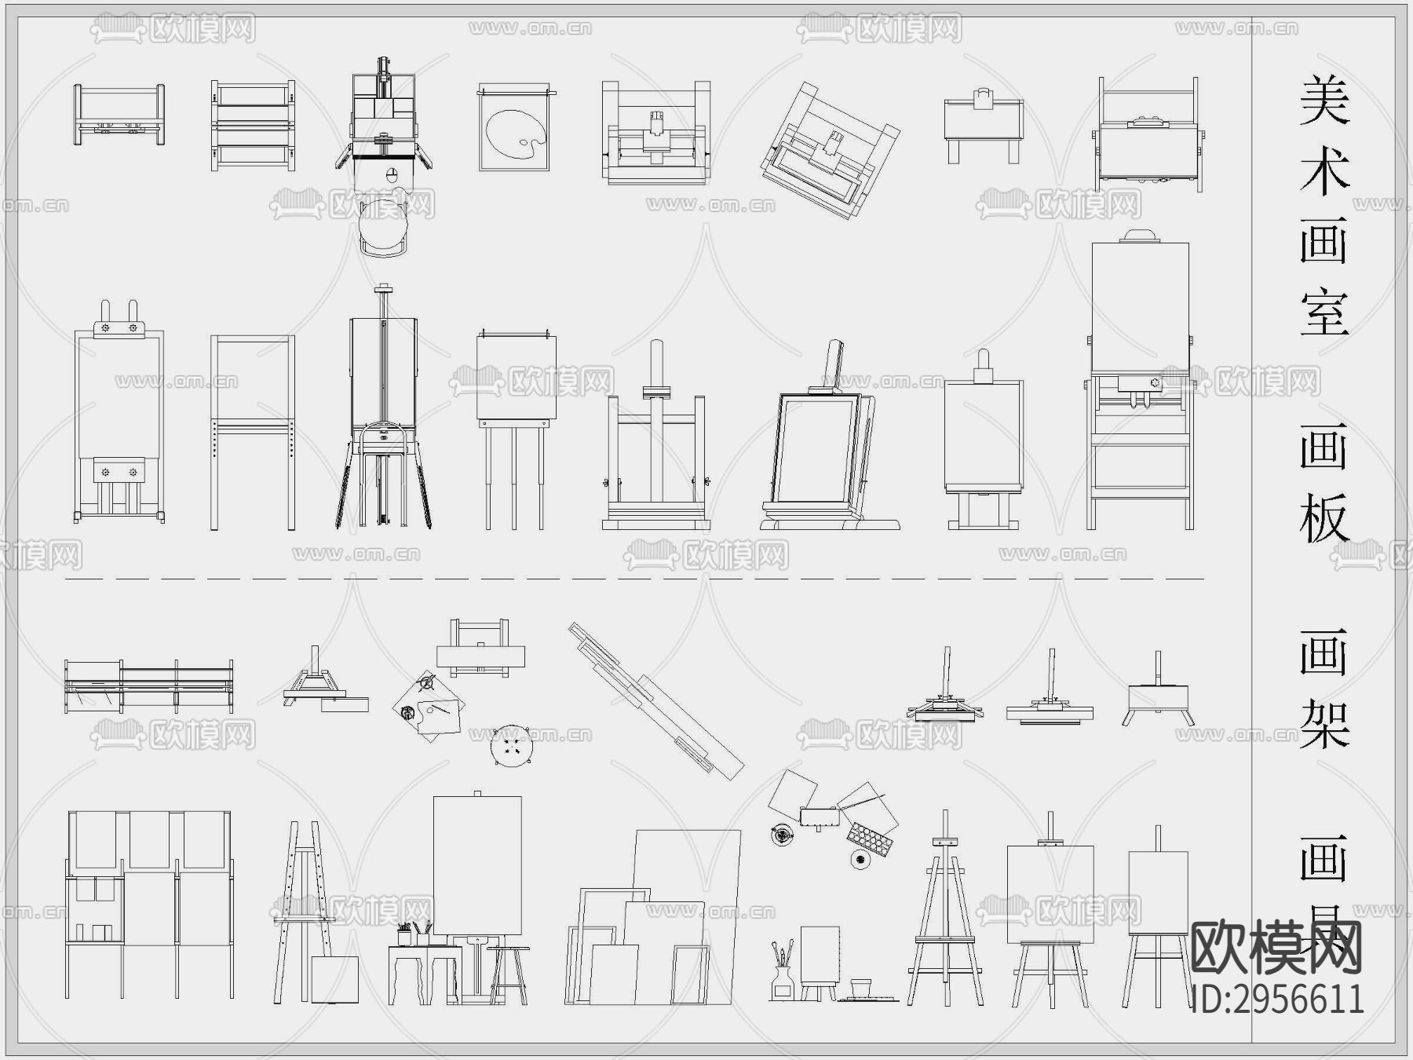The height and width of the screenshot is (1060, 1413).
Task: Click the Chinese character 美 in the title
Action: click(x=1324, y=101)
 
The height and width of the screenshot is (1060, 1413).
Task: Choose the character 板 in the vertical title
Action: click(x=1324, y=518)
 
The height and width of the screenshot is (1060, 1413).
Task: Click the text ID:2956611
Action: click(x=1278, y=1000)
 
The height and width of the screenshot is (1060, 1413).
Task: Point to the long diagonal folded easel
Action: click(x=655, y=699)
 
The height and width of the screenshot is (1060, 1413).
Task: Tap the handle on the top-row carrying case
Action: click(x=983, y=97)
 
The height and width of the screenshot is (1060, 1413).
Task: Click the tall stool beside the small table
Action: click(x=508, y=974)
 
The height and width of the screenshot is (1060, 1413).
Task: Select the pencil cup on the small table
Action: click(x=405, y=936)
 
